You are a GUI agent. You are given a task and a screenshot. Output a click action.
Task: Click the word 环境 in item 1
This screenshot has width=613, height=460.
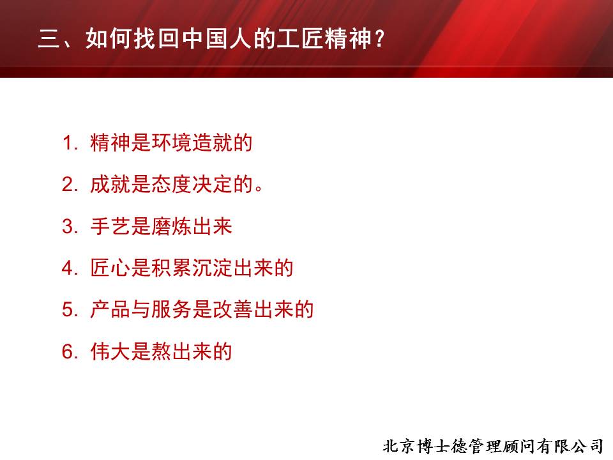171,142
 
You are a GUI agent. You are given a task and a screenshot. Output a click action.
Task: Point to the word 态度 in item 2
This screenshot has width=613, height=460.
171,184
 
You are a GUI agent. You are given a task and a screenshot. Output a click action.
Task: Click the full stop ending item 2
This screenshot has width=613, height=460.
259,189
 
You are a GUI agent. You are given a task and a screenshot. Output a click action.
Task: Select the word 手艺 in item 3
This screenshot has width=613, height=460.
110,226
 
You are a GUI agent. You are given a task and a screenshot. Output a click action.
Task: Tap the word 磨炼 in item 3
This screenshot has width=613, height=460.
171,226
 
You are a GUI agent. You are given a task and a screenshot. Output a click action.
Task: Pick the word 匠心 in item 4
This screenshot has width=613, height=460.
110,268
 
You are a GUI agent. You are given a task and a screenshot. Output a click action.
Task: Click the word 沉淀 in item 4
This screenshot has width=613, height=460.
212,268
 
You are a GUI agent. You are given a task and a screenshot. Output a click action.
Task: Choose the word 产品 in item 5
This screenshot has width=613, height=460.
110,309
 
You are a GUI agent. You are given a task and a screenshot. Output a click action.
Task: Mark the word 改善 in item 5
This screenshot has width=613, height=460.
232,309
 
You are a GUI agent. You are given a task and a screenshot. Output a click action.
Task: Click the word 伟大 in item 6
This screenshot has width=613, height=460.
110,351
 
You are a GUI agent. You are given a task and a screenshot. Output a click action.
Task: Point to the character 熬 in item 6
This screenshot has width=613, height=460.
161,351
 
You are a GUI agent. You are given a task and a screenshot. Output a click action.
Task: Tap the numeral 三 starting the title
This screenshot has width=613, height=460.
49,39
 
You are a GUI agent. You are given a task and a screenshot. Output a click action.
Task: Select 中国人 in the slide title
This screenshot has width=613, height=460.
217,38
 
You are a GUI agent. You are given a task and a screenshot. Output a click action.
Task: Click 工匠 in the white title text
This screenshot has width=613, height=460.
299,38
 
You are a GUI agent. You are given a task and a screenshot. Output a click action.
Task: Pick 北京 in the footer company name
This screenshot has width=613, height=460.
399,447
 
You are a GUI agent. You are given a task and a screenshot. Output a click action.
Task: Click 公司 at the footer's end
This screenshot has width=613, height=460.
588,447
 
